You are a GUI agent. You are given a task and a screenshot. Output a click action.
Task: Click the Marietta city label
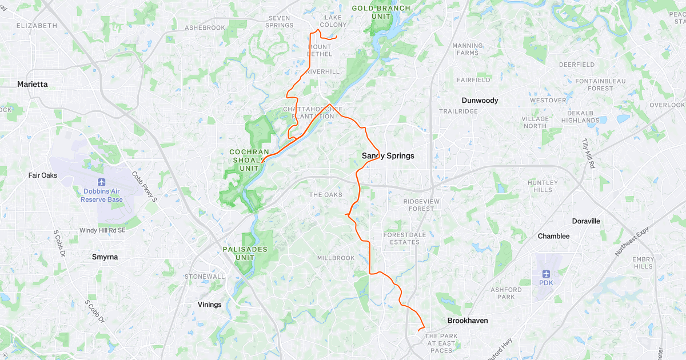tap(33, 84)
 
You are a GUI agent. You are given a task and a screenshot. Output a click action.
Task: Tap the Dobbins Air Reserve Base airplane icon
tap(102, 182)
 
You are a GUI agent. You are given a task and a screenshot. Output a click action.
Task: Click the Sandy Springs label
tap(388, 155)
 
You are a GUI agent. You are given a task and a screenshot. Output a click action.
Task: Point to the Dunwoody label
tap(480, 101)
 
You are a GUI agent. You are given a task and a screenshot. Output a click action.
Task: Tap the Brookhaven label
tap(467, 321)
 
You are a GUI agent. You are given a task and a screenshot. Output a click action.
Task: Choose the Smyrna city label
tap(105, 257)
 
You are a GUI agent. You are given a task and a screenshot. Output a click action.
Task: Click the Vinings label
tap(209, 305)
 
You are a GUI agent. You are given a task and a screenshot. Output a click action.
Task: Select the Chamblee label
tap(553, 236)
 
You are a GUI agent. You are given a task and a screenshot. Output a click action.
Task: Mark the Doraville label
tap(586, 221)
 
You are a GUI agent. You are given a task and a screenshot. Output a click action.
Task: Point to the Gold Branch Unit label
tap(381, 12)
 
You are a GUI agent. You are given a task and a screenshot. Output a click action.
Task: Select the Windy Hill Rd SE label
tap(102, 230)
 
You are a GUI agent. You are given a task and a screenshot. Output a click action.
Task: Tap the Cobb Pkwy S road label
tap(145, 187)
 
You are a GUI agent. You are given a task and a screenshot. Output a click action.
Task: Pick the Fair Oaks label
tap(43, 175)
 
